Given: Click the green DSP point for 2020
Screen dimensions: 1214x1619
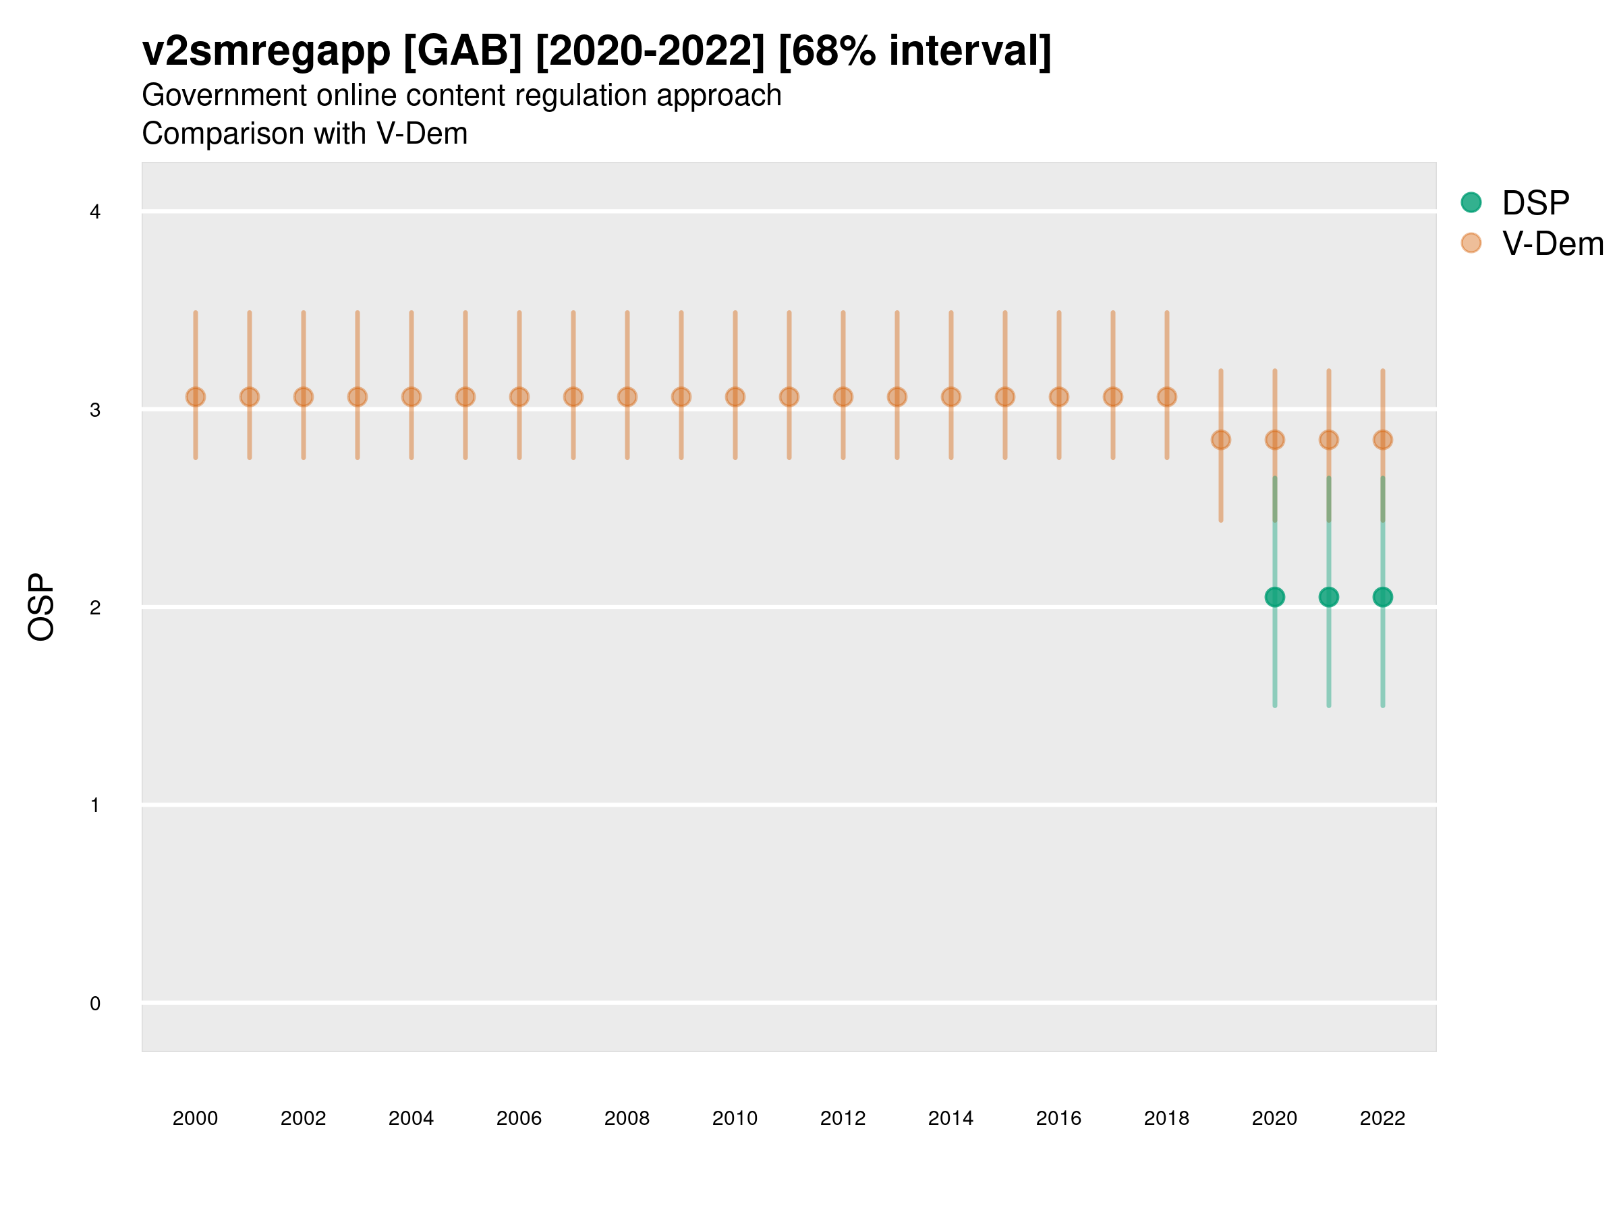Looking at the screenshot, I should [x=1274, y=597].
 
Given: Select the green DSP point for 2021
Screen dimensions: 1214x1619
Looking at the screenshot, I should [x=1328, y=597].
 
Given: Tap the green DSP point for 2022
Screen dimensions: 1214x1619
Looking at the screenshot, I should [x=1383, y=597].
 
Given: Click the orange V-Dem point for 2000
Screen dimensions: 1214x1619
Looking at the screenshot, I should [x=196, y=397].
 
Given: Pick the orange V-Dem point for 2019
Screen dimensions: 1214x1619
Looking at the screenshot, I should [x=1221, y=440].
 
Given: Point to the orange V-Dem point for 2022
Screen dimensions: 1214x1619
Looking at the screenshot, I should [x=1383, y=440].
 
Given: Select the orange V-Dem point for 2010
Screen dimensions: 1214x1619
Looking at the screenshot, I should [x=735, y=397].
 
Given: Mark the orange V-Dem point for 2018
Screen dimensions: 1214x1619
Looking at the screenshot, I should [x=1166, y=397].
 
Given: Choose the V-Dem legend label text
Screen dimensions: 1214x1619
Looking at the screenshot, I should [x=1552, y=243].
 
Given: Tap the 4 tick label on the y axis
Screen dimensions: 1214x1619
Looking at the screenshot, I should [x=95, y=212].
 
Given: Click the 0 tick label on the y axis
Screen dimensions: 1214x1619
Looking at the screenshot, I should [x=95, y=1004].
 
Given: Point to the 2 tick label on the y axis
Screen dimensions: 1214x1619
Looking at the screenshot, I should [x=95, y=608].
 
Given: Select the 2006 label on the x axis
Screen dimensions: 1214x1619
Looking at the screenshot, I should [x=519, y=1118].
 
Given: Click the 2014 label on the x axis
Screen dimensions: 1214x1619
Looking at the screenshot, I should [x=950, y=1118].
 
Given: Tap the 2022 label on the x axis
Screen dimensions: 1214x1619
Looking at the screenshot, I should [x=1383, y=1118].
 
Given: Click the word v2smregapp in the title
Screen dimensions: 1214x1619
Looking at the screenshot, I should [x=266, y=51].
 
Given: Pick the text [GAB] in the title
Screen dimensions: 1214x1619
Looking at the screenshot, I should [x=463, y=51].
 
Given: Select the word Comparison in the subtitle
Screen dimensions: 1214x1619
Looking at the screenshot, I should [x=253, y=134].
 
